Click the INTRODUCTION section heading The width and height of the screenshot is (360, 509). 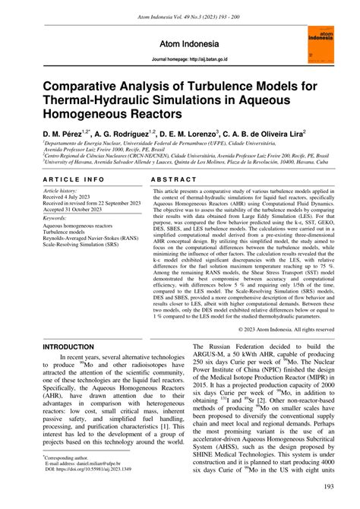coord(73,346)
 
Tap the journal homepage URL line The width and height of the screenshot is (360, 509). coord(179,59)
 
